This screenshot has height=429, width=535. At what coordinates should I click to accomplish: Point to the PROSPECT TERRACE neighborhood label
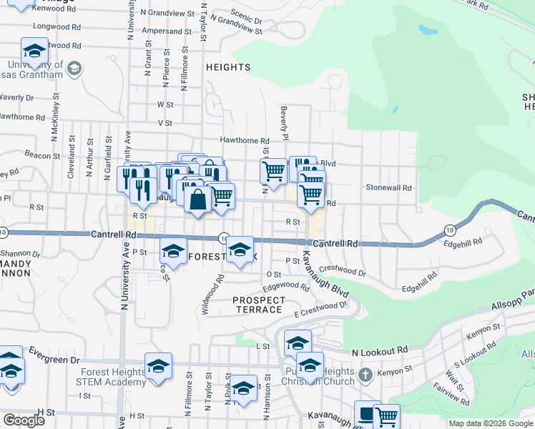click(259, 305)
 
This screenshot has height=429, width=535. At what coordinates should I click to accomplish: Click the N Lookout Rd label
click(380, 351)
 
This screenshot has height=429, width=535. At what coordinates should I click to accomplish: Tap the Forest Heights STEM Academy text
click(109, 377)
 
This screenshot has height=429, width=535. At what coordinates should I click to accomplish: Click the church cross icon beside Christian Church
click(365, 375)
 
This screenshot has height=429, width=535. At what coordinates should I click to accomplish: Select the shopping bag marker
click(198, 199)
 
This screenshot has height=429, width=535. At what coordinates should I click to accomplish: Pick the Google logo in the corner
click(24, 420)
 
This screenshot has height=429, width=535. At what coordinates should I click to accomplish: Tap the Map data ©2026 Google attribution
click(491, 423)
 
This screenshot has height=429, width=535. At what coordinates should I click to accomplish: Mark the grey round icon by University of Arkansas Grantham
click(74, 69)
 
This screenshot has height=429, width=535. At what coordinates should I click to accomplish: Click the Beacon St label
click(42, 154)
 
